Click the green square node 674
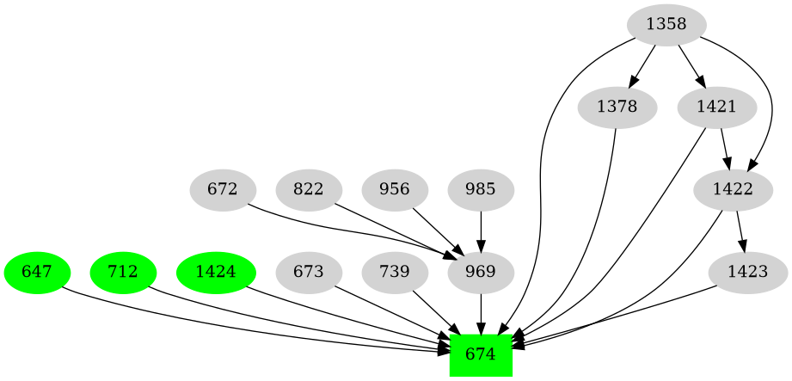(481, 354)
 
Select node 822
(308, 189)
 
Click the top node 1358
(666, 24)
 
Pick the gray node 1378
(617, 108)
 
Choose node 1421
(716, 108)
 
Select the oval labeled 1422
(734, 189)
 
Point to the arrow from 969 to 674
(481, 313)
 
